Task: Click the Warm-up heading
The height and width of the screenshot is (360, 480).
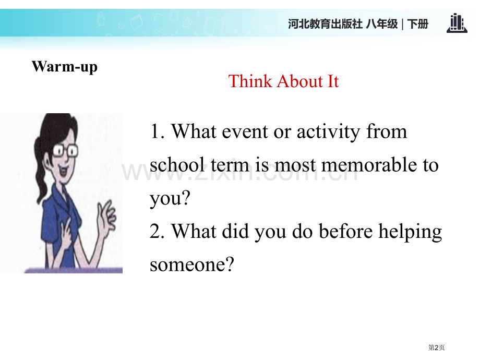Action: pyautogui.click(x=64, y=67)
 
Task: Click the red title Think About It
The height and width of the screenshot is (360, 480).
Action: pyautogui.click(x=283, y=81)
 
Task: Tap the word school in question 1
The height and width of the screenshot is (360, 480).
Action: pyautogui.click(x=177, y=165)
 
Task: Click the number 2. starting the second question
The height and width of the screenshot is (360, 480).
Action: pyautogui.click(x=158, y=232)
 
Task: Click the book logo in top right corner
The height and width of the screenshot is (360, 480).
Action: pyautogui.click(x=457, y=23)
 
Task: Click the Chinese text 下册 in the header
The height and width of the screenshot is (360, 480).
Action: pyautogui.click(x=418, y=24)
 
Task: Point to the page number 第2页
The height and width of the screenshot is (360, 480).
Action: pyautogui.click(x=437, y=347)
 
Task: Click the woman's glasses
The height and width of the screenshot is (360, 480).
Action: pyautogui.click(x=65, y=150)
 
